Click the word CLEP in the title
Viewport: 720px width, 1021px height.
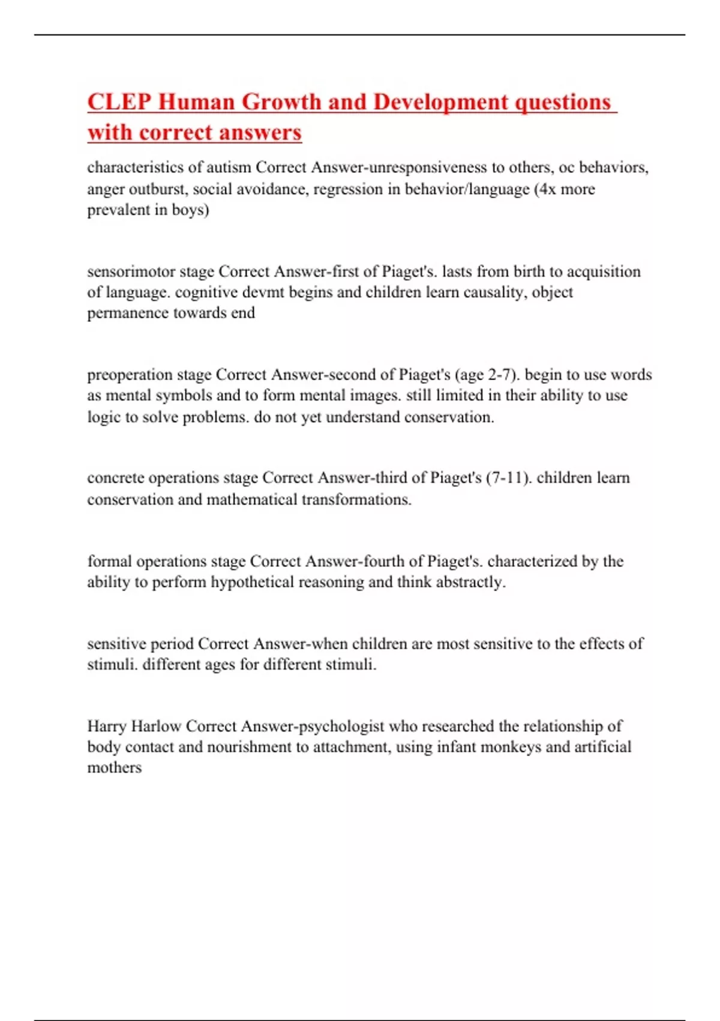[118, 102]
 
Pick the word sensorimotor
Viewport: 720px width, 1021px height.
[131, 271]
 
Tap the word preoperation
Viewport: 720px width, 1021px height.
[130, 375]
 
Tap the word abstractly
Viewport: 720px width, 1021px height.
[470, 582]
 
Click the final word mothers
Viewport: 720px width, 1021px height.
[115, 768]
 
